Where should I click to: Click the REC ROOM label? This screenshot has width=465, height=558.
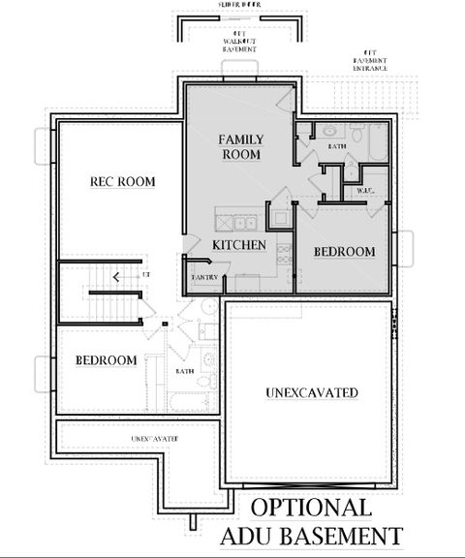(x=122, y=181)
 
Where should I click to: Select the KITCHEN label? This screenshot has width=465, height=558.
(x=238, y=245)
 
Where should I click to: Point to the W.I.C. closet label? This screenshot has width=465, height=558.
(x=365, y=191)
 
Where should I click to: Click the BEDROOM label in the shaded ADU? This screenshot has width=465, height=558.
(x=344, y=252)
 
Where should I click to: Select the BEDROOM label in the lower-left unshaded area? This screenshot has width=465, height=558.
(x=106, y=360)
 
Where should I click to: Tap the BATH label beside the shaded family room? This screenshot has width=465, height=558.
(x=337, y=146)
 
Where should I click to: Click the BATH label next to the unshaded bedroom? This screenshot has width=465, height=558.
(x=184, y=371)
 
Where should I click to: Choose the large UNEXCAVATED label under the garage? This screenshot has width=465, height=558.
(x=312, y=392)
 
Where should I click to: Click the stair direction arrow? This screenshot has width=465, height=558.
(x=117, y=277)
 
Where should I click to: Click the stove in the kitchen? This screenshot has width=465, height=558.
(x=285, y=254)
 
